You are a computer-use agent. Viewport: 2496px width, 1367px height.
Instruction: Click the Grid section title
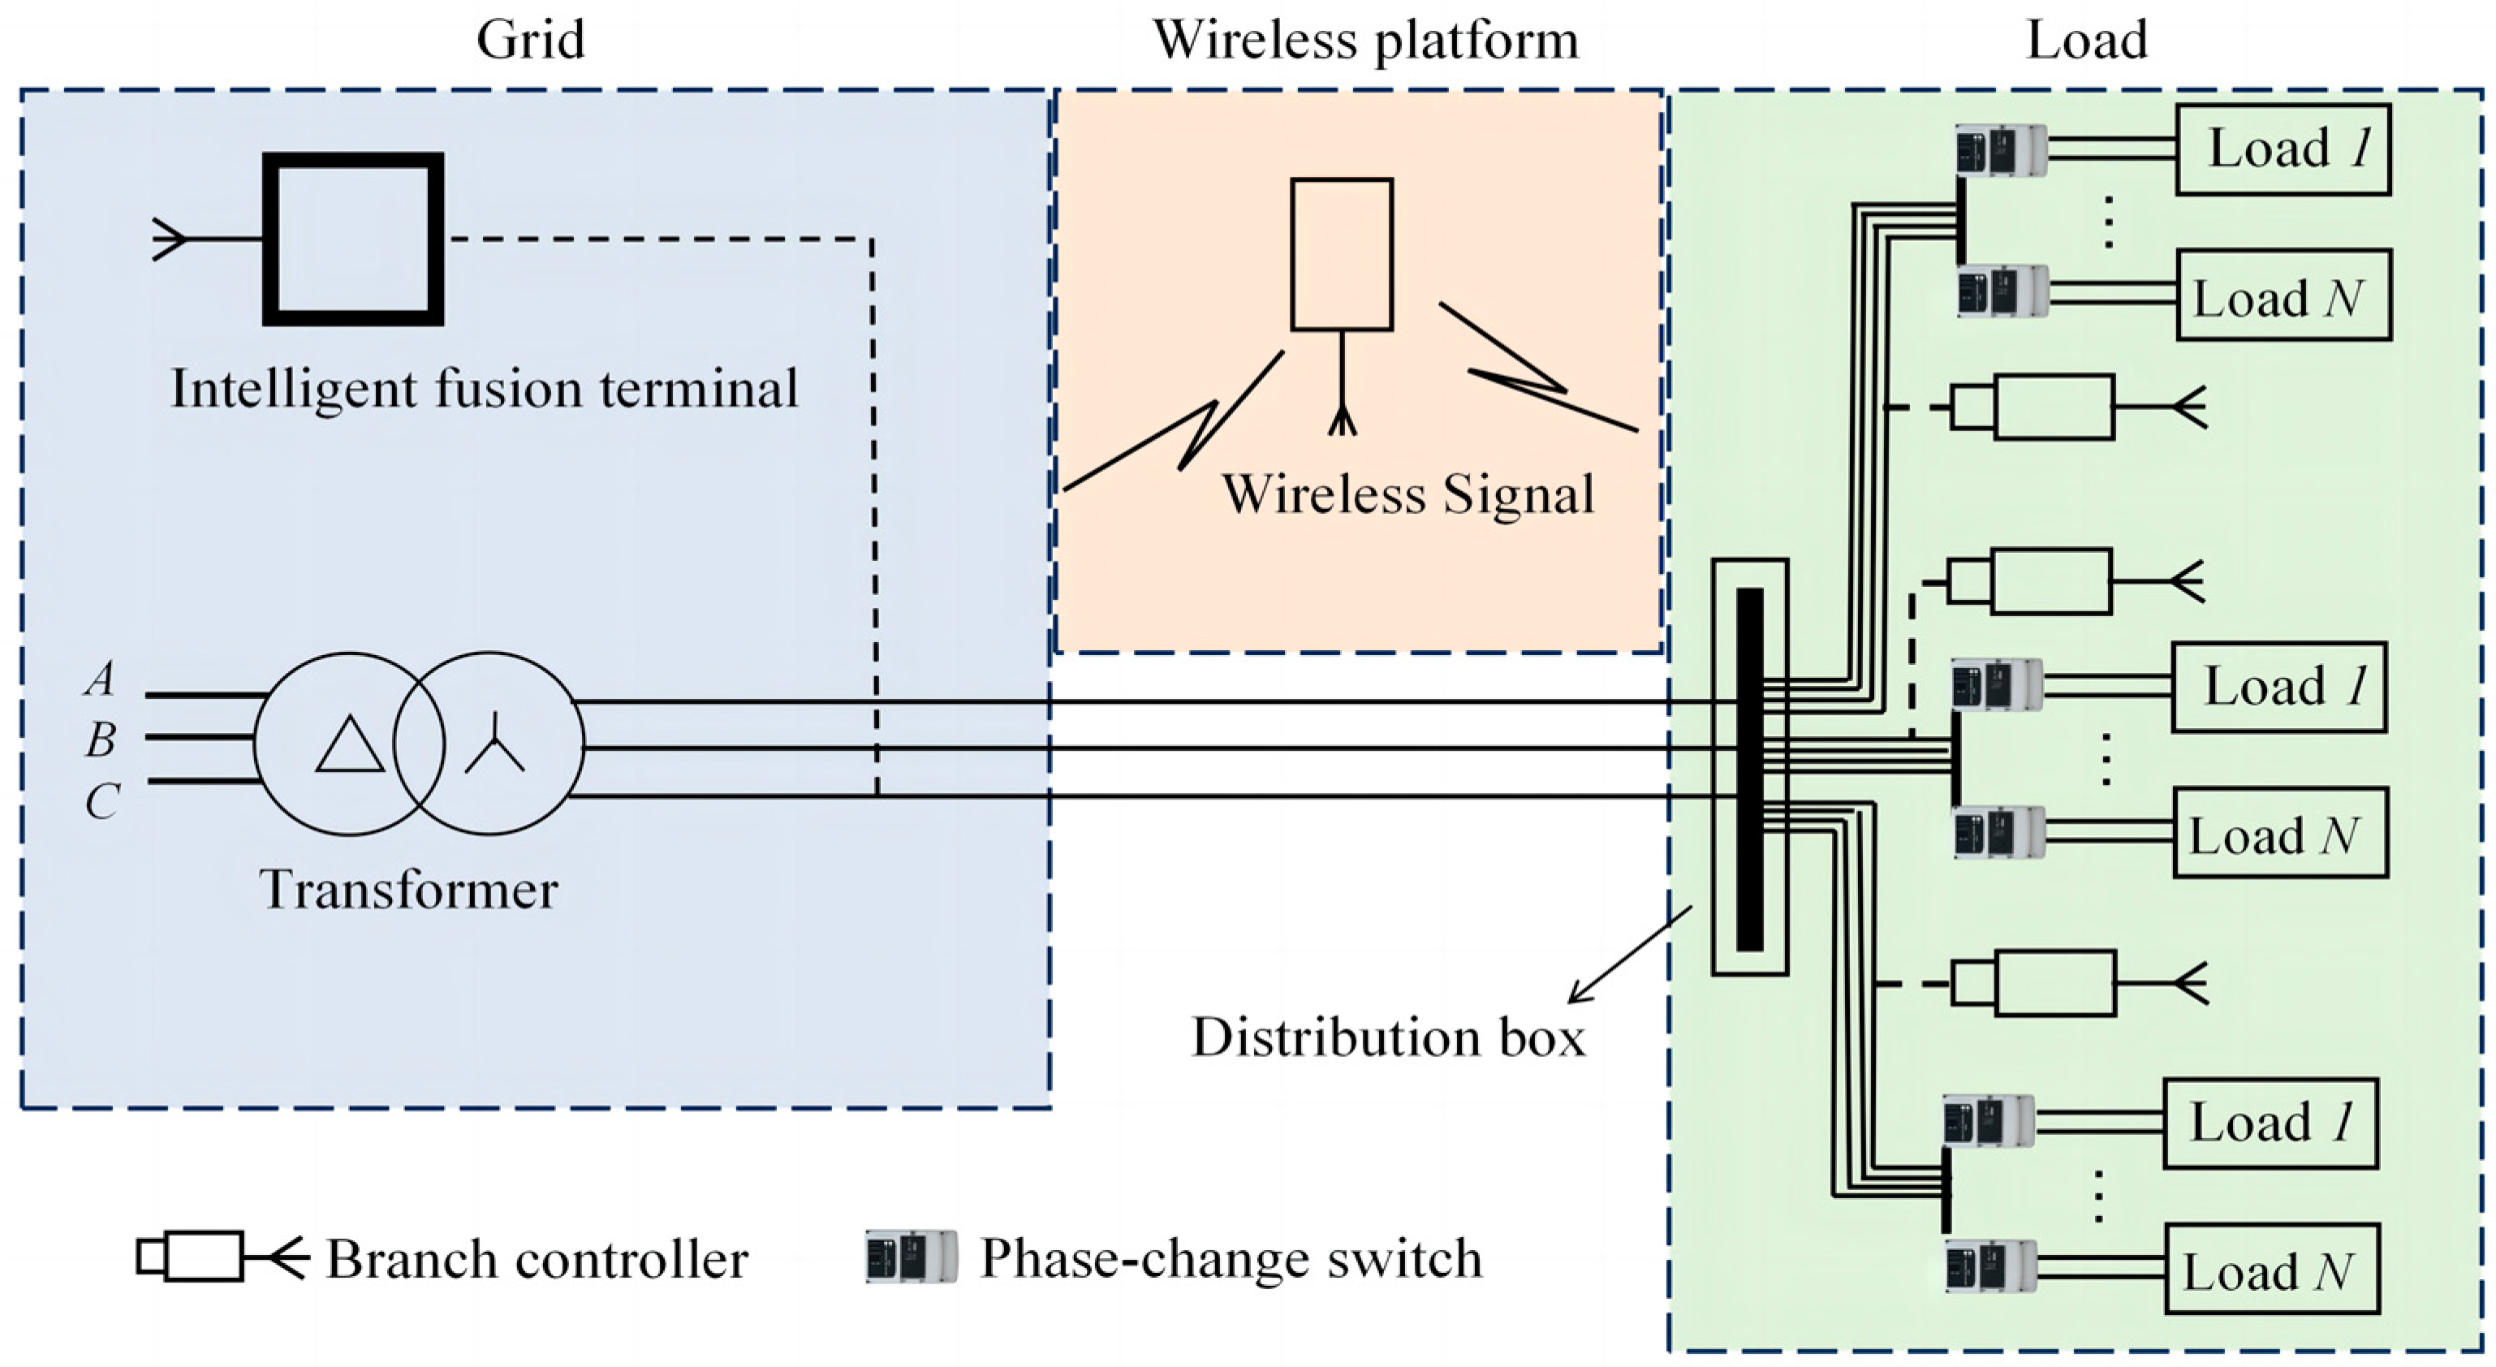530,41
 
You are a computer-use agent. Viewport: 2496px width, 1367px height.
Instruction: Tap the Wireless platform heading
1365,41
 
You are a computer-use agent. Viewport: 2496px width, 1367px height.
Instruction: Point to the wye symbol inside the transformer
494,744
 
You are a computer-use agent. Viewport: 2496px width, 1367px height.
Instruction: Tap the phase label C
101,802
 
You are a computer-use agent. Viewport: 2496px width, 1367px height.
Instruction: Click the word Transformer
408,890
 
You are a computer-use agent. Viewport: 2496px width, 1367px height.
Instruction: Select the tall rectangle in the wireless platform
1341,254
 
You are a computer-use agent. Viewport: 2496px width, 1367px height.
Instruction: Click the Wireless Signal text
1407,494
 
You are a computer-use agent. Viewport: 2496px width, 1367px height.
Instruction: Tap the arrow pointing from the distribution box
1627,955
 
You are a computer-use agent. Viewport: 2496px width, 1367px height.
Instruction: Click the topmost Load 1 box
2283,149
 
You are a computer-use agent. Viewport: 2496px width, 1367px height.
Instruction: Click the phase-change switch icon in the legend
911,1257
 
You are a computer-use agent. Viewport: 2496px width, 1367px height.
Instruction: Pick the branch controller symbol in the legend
218,1257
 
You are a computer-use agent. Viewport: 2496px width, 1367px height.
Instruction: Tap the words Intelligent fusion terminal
485,390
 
